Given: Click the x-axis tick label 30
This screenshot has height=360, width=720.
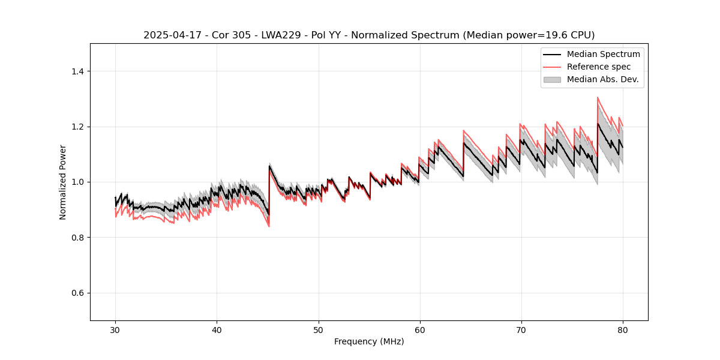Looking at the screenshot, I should pos(116,329).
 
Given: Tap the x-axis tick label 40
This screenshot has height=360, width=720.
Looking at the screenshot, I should pos(217,329).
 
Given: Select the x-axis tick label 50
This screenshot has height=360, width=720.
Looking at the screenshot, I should pos(319,329).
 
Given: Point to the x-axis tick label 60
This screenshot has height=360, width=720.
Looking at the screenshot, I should pos(420,329).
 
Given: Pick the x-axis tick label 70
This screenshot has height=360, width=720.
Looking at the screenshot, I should pos(521,329).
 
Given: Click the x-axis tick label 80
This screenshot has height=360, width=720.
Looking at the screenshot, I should pos(623,329).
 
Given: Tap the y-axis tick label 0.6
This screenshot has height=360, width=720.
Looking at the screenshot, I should pos(77,293).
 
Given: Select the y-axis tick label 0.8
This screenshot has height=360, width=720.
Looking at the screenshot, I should pos(77,238).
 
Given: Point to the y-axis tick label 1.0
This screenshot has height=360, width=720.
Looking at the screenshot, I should pos(77,182).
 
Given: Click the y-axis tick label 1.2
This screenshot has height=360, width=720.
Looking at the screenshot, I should pos(77,127).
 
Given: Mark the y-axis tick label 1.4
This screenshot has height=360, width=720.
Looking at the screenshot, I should pos(77,71).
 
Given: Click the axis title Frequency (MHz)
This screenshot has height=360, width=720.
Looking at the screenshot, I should pos(369,341).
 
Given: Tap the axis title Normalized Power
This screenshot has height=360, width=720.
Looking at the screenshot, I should pos(63,182).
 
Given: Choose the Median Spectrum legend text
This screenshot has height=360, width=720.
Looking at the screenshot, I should pos(603,54).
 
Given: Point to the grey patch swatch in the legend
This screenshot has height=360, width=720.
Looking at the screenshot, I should pos(552,79).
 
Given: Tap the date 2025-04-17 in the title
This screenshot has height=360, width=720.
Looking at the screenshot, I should pos(169,35).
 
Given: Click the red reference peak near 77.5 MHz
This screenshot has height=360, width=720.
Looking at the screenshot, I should pos(598,98).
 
